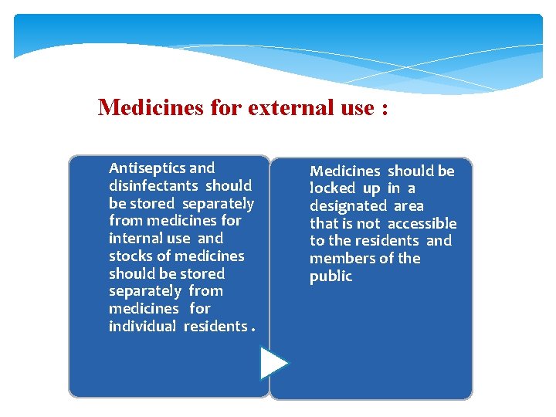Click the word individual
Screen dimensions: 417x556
[142, 327]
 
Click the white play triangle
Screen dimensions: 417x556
[273, 363]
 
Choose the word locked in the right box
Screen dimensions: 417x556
[332, 188]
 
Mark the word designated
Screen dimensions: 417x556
[347, 206]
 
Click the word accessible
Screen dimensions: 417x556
[422, 224]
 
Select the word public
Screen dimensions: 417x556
[331, 276]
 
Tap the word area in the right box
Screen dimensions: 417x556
[409, 206]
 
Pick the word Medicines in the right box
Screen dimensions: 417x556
[345, 171]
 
